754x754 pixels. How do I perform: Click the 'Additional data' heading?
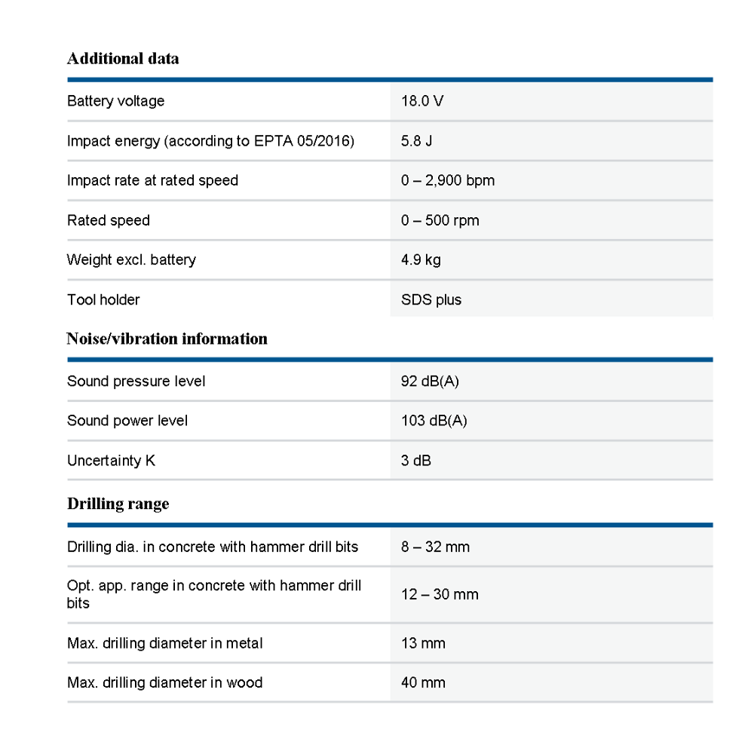pyautogui.click(x=123, y=59)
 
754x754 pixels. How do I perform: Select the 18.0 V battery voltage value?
pyautogui.click(x=421, y=101)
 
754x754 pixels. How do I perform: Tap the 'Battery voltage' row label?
pyautogui.click(x=115, y=101)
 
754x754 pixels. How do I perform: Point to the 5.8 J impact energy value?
pyautogui.click(x=416, y=141)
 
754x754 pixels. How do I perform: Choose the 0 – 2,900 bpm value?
pyautogui.click(x=447, y=181)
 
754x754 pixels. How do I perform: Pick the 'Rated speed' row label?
pyautogui.click(x=109, y=221)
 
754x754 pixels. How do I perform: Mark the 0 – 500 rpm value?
pyautogui.click(x=440, y=221)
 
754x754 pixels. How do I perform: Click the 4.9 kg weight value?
pyautogui.click(x=421, y=260)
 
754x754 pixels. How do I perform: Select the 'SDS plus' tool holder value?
pyautogui.click(x=431, y=300)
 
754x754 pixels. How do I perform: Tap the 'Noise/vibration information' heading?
pyautogui.click(x=167, y=339)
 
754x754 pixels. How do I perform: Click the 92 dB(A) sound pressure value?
pyautogui.click(x=430, y=382)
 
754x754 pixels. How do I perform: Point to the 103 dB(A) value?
pyautogui.click(x=434, y=421)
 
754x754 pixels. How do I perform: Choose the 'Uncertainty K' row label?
pyautogui.click(x=111, y=461)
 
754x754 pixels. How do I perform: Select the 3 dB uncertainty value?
pyautogui.click(x=415, y=461)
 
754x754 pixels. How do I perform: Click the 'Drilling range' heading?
pyautogui.click(x=118, y=504)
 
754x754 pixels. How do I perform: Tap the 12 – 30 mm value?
pyautogui.click(x=440, y=595)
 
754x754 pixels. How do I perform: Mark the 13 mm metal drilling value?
pyautogui.click(x=423, y=644)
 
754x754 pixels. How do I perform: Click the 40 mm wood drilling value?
pyautogui.click(x=423, y=683)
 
